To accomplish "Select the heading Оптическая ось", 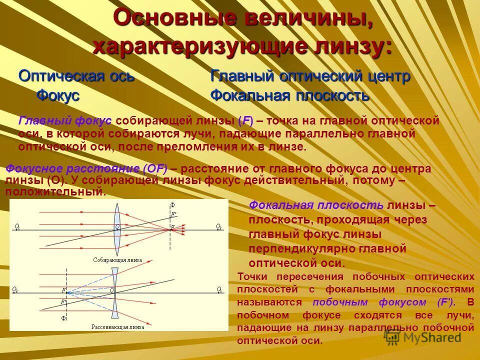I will click(76, 76).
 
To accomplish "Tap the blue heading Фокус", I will click(58, 95).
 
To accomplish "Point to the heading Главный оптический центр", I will click(310, 76).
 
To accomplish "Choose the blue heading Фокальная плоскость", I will click(290, 95).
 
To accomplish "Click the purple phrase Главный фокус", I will click(65, 121).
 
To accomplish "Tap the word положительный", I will click(55, 191).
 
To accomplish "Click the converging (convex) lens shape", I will click(118, 227).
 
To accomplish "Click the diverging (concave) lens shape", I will click(115, 290).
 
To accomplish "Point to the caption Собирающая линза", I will click(117, 260).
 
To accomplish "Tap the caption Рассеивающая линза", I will click(117, 327).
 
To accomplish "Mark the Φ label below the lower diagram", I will click(63, 318).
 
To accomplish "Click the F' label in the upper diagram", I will click(174, 214).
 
